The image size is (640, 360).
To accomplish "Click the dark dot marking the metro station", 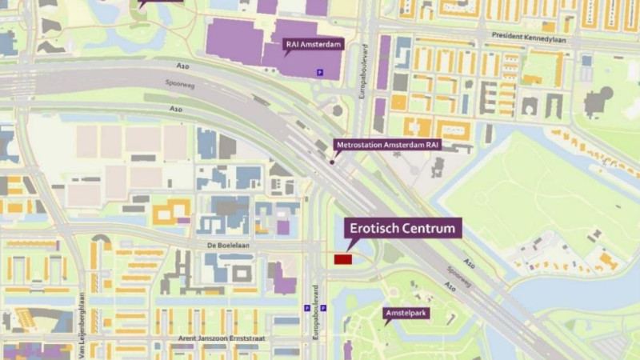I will [x=331, y=162].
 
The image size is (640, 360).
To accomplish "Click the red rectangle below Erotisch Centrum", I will [x=343, y=259].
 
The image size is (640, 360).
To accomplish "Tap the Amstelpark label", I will [x=406, y=313].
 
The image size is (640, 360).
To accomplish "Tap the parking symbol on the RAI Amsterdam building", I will [x=322, y=73].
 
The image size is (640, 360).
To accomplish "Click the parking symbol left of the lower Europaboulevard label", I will [x=306, y=308].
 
